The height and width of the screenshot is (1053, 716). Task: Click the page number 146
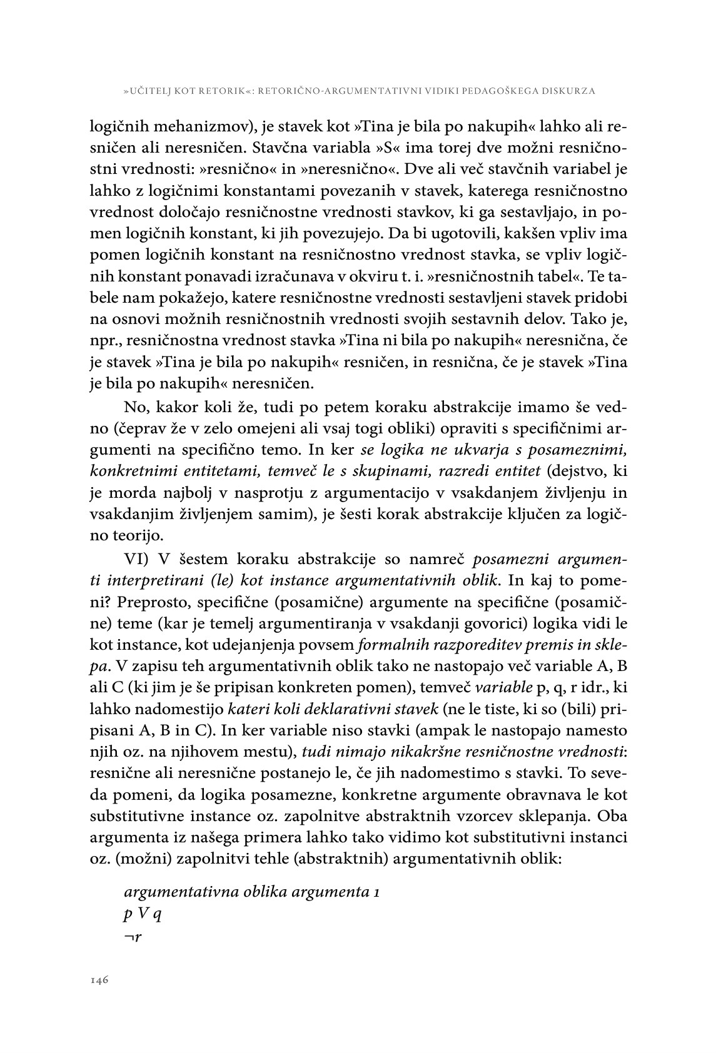tap(100, 980)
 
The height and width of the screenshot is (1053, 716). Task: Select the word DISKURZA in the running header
tap(568, 91)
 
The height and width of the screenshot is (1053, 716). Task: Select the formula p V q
tap(143, 914)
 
